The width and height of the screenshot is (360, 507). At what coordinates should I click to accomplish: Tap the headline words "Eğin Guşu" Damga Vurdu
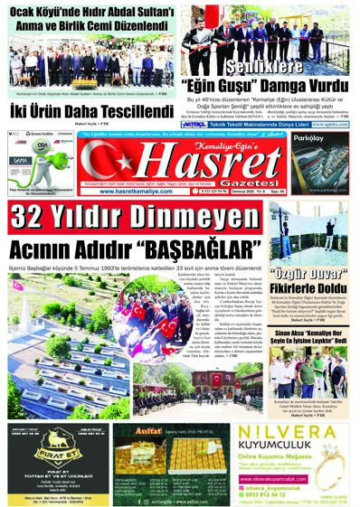[x=269, y=88]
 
